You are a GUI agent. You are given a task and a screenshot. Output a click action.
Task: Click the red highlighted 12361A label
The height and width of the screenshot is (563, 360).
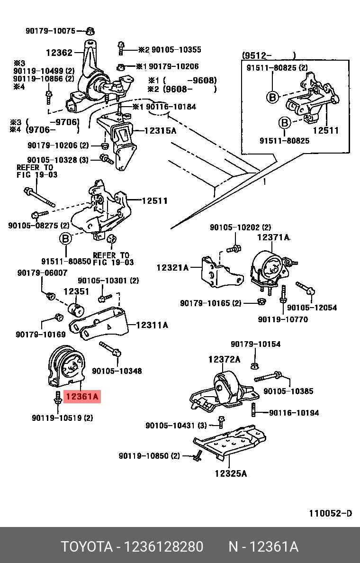[x=82, y=397]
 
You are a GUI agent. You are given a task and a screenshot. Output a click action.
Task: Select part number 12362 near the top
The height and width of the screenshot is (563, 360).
[x=59, y=53]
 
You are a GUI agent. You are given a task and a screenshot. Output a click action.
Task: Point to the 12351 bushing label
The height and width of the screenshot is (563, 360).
[x=76, y=291]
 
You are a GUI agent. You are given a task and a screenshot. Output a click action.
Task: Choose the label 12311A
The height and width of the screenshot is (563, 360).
[x=152, y=325]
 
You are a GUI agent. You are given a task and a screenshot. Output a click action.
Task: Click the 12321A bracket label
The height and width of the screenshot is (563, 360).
[x=172, y=268]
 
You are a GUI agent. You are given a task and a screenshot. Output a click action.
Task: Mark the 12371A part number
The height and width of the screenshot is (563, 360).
[x=273, y=237]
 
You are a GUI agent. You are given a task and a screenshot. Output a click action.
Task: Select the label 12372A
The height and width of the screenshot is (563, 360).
[x=224, y=359]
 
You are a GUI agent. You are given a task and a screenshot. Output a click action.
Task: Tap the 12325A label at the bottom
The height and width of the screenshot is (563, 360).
[x=231, y=473]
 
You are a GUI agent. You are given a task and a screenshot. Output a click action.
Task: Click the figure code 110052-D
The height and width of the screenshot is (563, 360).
[x=331, y=513]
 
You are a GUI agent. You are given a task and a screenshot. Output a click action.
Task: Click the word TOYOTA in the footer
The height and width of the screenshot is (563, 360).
[x=86, y=547]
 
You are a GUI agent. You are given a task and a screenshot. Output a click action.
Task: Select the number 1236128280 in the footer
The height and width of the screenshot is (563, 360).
[x=163, y=547]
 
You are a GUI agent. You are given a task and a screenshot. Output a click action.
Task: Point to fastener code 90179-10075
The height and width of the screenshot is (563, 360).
[x=50, y=31]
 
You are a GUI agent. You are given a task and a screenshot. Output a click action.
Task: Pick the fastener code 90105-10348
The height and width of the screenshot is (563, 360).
[x=117, y=371]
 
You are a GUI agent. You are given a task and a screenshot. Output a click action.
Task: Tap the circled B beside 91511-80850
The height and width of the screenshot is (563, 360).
[x=65, y=238]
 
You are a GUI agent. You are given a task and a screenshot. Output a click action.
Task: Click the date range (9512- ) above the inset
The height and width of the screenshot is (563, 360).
[x=269, y=55]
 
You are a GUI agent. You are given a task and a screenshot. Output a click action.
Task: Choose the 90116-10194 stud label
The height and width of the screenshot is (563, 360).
[x=294, y=413]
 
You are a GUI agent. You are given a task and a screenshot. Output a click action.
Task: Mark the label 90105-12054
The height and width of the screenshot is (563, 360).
[x=312, y=308]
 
